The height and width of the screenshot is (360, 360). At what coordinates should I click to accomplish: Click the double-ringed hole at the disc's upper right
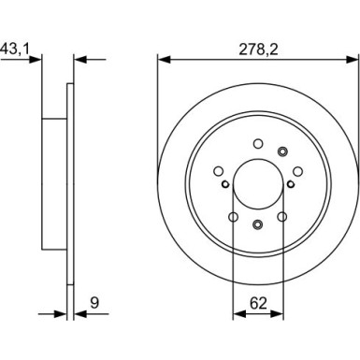tap(281, 152)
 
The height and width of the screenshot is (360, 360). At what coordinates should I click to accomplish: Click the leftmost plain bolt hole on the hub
tap(219, 170)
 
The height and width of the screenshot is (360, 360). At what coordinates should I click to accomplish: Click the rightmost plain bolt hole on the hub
tap(296, 170)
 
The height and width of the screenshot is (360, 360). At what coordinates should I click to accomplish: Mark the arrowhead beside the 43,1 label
tap(38, 60)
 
